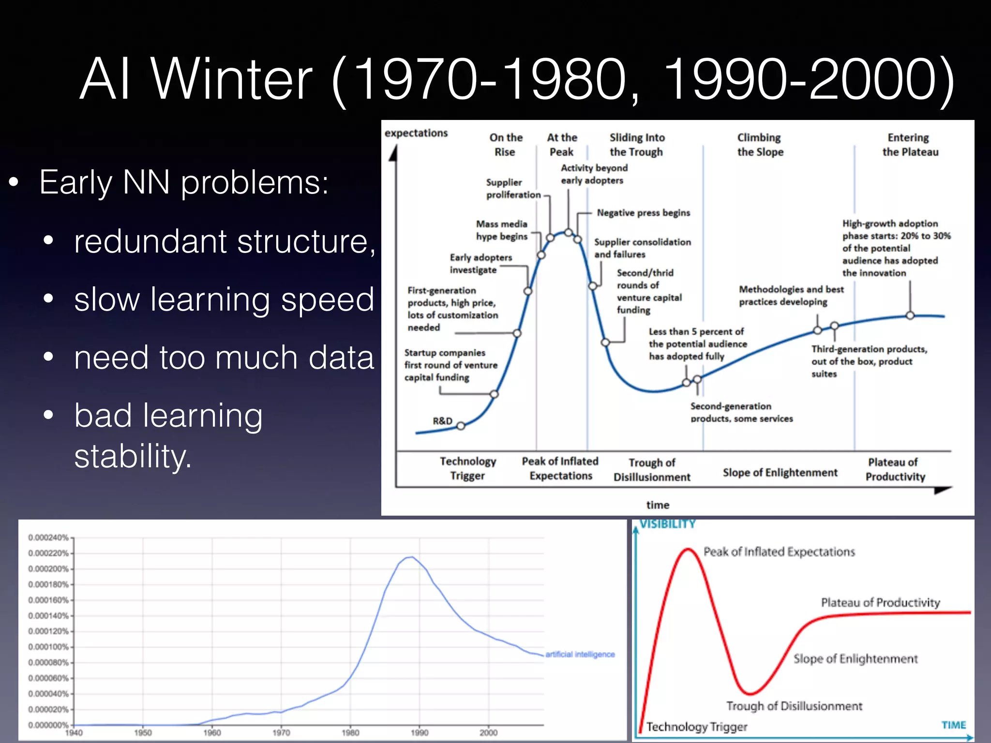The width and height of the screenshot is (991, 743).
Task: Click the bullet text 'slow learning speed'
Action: tap(224, 299)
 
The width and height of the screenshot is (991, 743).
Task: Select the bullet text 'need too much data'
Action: tap(224, 357)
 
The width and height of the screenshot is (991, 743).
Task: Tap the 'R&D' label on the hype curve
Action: tap(442, 421)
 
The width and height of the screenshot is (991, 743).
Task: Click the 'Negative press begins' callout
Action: tap(643, 213)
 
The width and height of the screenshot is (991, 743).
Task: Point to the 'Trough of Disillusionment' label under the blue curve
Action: tap(652, 470)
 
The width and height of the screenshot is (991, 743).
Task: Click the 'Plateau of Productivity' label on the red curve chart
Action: tap(880, 602)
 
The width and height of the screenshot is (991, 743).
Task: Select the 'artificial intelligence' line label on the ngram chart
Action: tap(580, 654)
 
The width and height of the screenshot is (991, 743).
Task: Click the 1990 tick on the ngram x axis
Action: tap(420, 732)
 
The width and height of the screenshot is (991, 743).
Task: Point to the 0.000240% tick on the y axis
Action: tap(48, 537)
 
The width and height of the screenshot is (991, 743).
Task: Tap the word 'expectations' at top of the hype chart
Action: tap(416, 133)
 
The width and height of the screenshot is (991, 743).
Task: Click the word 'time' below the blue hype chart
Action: tap(658, 505)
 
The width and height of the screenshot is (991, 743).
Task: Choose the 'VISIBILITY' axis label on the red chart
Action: tap(667, 524)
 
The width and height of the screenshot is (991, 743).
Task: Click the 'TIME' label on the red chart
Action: tap(953, 725)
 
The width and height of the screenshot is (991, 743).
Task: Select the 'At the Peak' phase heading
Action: tap(562, 145)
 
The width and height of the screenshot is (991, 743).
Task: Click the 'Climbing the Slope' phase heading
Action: tap(760, 145)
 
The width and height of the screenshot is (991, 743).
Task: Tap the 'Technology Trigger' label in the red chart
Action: tap(696, 727)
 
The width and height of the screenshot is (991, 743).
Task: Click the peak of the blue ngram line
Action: tap(411, 557)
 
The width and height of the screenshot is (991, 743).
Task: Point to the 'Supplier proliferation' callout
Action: tap(513, 189)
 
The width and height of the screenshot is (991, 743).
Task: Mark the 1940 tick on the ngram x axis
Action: tap(74, 732)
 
